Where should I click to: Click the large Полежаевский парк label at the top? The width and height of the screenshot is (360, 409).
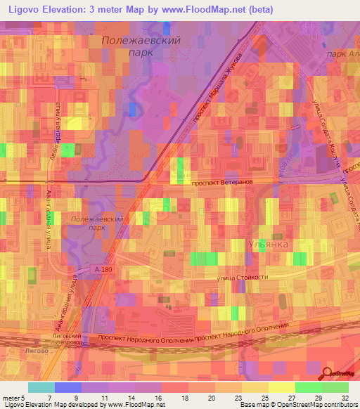[x=141, y=46]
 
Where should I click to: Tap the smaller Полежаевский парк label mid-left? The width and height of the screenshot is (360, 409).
[x=98, y=223]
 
